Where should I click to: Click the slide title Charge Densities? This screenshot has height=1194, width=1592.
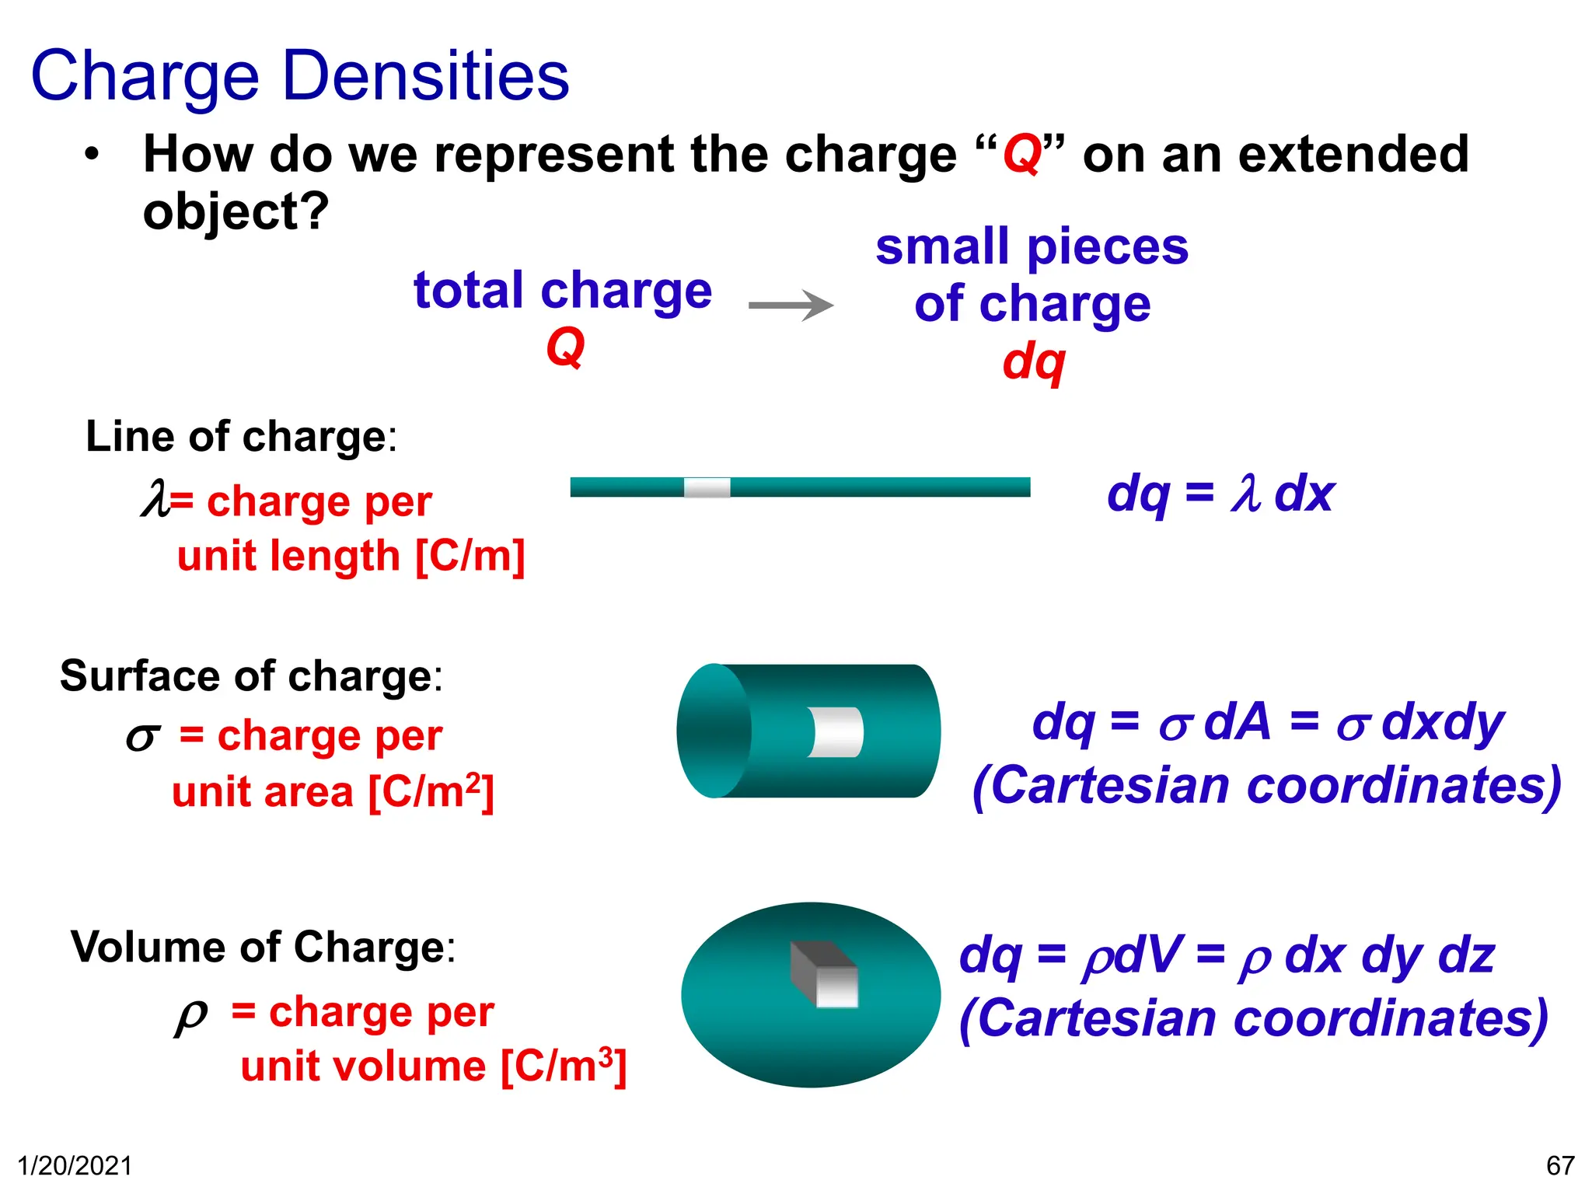300,76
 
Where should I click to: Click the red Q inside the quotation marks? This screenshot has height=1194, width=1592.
1021,154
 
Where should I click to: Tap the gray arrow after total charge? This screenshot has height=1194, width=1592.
791,305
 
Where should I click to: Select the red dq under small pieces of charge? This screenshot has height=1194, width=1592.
1033,362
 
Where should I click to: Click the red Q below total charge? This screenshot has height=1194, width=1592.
565,347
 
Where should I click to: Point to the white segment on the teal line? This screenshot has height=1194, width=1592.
707,487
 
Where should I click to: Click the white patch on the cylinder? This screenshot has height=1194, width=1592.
836,731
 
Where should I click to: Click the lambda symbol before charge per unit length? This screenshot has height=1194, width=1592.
155,499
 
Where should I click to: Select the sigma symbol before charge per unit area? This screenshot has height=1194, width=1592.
143,735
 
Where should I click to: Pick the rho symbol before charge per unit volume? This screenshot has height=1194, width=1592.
190,1014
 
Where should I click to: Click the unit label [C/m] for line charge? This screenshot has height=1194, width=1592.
470,556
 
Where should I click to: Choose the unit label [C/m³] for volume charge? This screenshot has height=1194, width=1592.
563,1066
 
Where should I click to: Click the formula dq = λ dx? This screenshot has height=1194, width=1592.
1220,494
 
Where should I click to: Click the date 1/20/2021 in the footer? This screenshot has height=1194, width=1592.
75,1166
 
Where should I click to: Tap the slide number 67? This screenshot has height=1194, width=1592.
1559,1166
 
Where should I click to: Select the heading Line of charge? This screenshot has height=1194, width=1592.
241,436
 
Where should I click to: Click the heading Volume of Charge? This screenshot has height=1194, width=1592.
263,947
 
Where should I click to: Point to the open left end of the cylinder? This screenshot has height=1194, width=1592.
714,731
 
